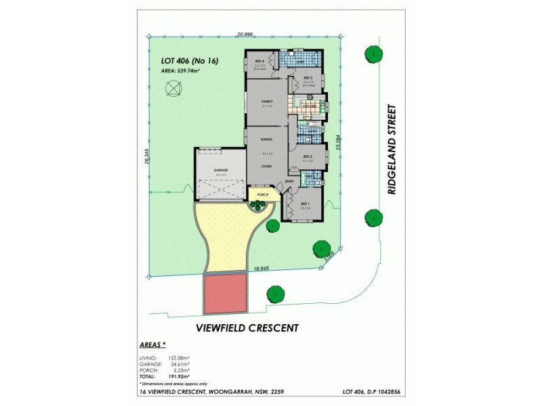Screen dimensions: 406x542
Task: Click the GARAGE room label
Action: click(220, 169)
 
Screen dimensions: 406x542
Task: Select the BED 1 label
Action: click(304, 204)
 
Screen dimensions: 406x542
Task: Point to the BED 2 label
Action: click(307, 156)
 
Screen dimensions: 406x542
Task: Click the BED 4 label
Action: click(259, 62)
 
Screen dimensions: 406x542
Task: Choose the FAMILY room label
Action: click(267, 101)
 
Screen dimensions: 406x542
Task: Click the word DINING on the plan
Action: click(266, 139)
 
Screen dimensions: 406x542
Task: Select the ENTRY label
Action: click(289, 181)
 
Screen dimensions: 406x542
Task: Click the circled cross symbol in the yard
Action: click(174, 88)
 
